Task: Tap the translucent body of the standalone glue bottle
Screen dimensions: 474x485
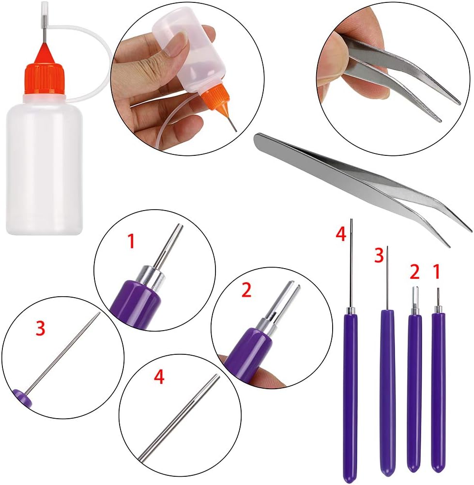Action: pyautogui.click(x=44, y=167)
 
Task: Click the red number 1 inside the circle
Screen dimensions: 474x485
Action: pyautogui.click(x=132, y=241)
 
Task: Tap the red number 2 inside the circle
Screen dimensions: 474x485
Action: pyautogui.click(x=246, y=290)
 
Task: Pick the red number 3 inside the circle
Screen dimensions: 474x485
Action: pyautogui.click(x=41, y=329)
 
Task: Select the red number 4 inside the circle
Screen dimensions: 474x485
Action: pyautogui.click(x=159, y=377)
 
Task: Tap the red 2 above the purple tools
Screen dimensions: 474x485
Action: pyautogui.click(x=414, y=272)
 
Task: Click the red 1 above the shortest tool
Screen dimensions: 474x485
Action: pyautogui.click(x=437, y=272)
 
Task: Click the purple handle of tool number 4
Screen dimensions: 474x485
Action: pyautogui.click(x=351, y=397)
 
